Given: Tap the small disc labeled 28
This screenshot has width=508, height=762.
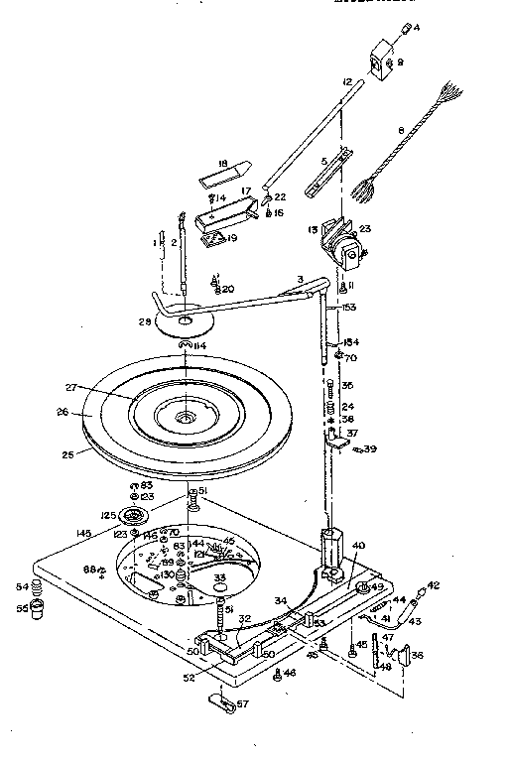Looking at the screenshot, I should (x=186, y=319).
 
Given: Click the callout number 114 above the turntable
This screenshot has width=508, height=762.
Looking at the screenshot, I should (x=200, y=345).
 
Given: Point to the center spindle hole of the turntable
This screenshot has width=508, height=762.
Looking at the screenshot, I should (x=186, y=420).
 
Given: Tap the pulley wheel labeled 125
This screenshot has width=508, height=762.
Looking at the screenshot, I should (x=131, y=518).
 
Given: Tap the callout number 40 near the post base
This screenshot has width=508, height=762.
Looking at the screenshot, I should (x=358, y=546).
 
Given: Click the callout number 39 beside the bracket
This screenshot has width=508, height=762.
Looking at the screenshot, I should (x=370, y=449).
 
